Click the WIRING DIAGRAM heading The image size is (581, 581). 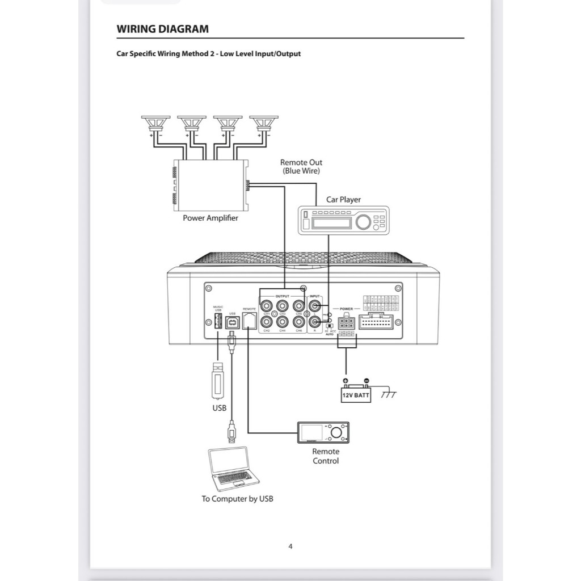[162, 29]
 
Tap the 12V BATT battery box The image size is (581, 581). [356, 395]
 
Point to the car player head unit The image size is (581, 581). [343, 220]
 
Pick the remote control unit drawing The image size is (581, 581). [323, 433]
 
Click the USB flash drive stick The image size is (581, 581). [219, 380]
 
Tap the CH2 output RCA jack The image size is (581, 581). [267, 322]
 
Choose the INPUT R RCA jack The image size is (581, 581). [314, 322]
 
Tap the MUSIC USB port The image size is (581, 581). [218, 322]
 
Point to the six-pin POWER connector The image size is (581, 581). [346, 323]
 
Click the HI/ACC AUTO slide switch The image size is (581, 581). [330, 326]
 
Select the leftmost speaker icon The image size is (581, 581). [155, 123]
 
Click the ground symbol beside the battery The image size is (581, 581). [389, 393]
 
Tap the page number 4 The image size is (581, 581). [290, 546]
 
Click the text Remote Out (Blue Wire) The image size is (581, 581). [301, 166]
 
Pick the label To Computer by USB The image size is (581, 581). [237, 499]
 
